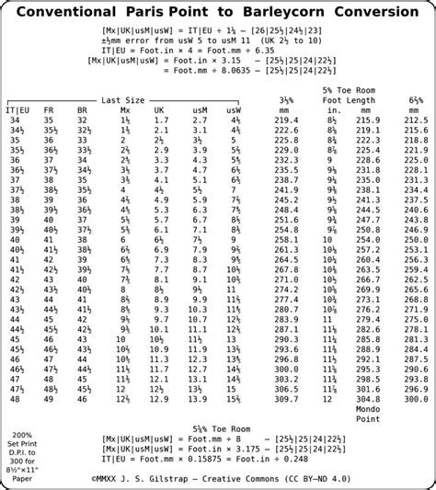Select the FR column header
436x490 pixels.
(x=50, y=110)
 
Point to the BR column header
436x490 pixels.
(x=84, y=110)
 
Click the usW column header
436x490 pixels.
(x=234, y=110)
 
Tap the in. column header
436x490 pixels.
(x=334, y=110)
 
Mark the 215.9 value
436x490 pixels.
(x=368, y=120)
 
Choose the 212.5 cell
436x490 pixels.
(x=416, y=120)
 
